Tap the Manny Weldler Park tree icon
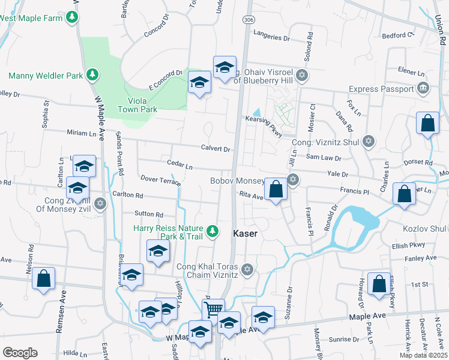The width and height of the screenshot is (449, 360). (92, 75)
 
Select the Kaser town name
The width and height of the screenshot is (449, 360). (245, 233)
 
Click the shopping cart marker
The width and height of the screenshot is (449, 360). (212, 310)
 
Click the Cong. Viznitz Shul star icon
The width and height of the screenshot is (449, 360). (368, 142)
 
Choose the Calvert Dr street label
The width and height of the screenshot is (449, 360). (216, 149)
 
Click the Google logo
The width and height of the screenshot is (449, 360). (20, 353)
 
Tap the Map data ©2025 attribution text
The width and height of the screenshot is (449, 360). (423, 355)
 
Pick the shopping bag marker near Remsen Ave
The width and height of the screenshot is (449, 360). (44, 279)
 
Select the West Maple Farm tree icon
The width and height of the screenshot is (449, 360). (73, 17)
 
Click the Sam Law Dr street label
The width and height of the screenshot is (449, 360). (324, 158)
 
